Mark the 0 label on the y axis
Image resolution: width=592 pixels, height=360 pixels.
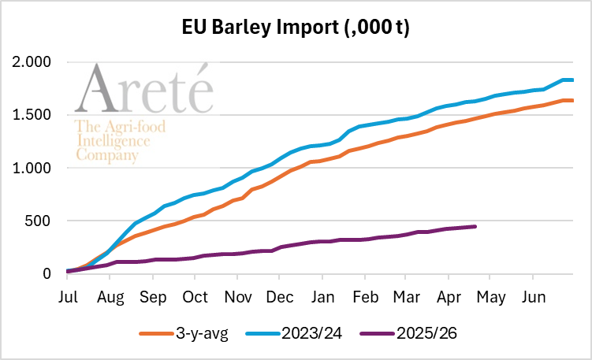(48, 274)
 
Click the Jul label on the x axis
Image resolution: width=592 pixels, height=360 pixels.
(68, 300)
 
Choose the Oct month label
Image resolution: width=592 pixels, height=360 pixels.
(195, 300)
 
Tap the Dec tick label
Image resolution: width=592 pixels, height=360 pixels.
(279, 300)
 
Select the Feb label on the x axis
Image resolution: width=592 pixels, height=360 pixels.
(364, 300)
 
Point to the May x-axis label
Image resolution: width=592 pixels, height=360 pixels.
(490, 300)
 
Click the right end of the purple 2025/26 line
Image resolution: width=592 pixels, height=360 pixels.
(475, 227)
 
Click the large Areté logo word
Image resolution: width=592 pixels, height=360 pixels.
(144, 90)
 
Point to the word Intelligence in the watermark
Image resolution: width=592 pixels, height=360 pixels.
(112, 141)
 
